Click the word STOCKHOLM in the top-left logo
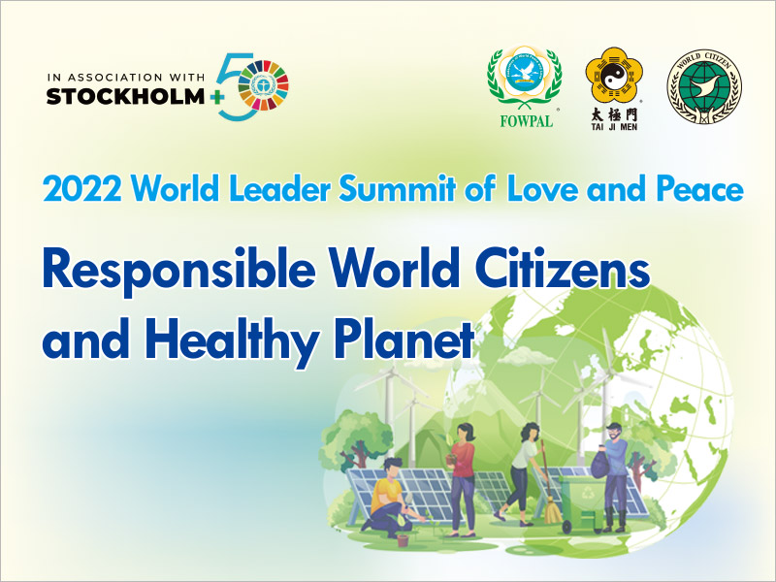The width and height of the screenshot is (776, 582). [125, 96]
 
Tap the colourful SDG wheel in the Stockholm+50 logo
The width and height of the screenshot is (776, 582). [263, 84]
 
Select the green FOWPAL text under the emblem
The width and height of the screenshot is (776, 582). [526, 121]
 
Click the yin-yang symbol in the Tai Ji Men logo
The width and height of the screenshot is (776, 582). [613, 77]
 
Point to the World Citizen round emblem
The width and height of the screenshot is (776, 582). [704, 86]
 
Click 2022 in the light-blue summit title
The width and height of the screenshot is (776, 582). [82, 189]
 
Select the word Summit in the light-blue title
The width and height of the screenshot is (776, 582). [397, 188]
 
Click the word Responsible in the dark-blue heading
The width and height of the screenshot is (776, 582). [179, 272]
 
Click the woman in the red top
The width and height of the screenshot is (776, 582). [462, 478]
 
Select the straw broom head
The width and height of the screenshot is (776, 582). [552, 512]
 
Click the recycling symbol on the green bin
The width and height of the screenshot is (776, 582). [588, 493]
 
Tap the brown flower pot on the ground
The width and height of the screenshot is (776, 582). [403, 540]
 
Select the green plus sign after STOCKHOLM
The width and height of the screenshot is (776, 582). [216, 97]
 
